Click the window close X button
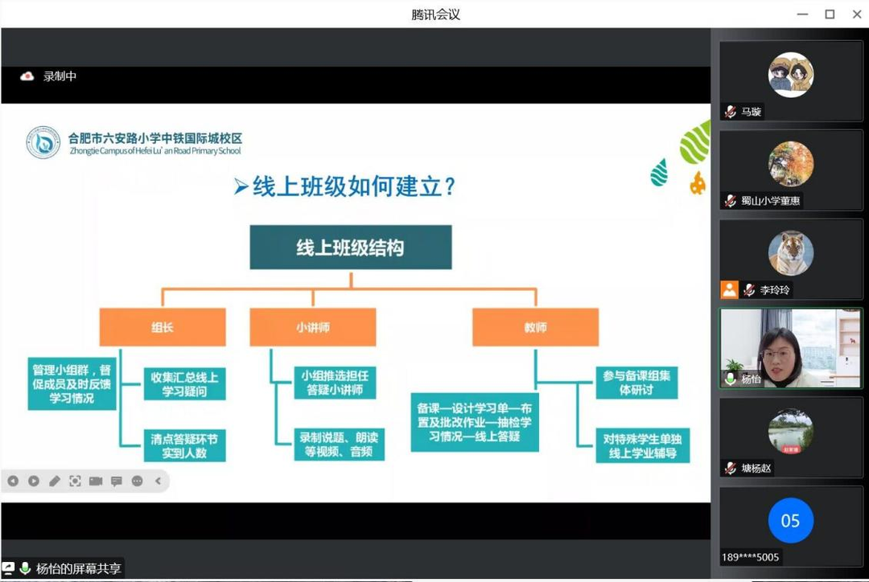coord(856,14)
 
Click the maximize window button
coord(830,14)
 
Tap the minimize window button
coord(802,14)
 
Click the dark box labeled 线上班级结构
coord(351,247)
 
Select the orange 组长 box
coord(163,327)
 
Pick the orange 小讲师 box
coord(312,327)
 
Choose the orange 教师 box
coord(535,327)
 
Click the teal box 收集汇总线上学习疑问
coord(184,383)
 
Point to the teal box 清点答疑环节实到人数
coord(184,446)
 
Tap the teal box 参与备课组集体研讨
coord(636,383)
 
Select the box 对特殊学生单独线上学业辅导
coord(643,446)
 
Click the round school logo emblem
coord(43,143)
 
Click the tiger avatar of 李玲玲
coord(791,253)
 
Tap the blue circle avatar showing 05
coord(791,521)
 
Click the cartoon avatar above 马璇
coord(791,75)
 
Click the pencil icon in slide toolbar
coord(55,482)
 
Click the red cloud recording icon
coord(27,76)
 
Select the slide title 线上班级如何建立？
coord(345,186)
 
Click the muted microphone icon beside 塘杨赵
coord(731,468)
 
